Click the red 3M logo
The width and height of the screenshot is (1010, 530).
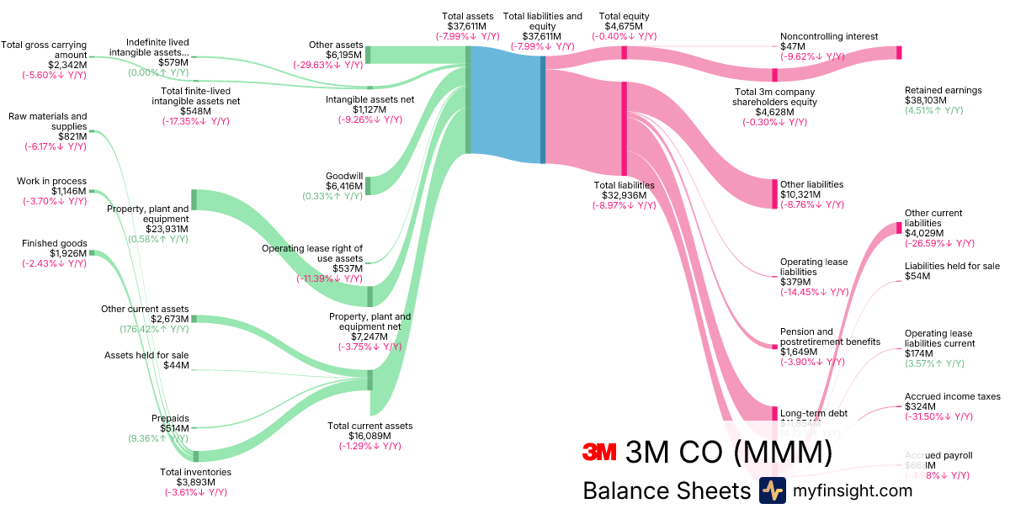[600, 453]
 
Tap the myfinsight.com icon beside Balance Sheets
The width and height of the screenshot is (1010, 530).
[773, 490]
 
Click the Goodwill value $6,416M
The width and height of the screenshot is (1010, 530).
[344, 186]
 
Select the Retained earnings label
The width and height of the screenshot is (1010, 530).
[943, 90]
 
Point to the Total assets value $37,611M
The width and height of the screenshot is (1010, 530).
[467, 26]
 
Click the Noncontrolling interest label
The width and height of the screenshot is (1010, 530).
[829, 37]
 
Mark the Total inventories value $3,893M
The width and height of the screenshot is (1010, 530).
[195, 482]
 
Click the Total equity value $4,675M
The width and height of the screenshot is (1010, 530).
[624, 26]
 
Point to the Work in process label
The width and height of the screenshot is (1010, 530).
[51, 181]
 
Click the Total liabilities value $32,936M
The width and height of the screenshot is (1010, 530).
[624, 195]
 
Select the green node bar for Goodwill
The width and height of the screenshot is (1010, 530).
[368, 185]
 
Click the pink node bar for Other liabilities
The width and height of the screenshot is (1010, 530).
[775, 193]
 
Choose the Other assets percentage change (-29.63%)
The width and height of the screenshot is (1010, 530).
[327, 65]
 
